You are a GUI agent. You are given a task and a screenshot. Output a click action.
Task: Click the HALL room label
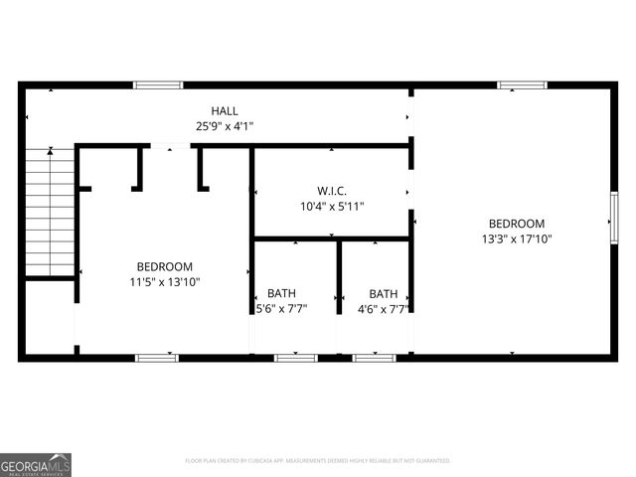[x=225, y=110]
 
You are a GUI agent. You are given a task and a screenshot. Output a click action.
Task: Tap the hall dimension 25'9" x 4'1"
[x=225, y=126]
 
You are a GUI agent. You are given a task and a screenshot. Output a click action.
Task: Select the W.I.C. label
[x=332, y=190]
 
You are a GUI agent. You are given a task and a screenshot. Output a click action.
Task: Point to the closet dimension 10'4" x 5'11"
[x=332, y=207]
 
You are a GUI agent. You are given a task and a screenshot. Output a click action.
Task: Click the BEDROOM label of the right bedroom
[x=516, y=224]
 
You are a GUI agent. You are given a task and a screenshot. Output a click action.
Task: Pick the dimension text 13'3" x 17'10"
[x=516, y=239]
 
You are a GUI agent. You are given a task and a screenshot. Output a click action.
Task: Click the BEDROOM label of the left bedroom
[x=165, y=266]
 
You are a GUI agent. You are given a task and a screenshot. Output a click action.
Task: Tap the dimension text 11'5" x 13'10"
[x=165, y=282]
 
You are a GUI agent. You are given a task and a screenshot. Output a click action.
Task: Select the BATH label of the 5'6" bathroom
[x=281, y=293]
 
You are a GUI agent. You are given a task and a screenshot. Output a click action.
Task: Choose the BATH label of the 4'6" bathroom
[x=384, y=293]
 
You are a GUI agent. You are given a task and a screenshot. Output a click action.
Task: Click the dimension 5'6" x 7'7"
[x=281, y=309]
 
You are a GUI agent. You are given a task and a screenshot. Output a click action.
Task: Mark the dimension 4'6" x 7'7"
[x=384, y=309]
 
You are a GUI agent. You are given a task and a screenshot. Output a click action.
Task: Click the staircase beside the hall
[x=49, y=212]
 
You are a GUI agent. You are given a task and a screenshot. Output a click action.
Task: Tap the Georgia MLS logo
[x=36, y=464]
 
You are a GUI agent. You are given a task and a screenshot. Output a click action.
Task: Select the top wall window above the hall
[x=158, y=85]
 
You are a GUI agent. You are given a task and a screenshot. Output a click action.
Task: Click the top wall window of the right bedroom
[x=522, y=85]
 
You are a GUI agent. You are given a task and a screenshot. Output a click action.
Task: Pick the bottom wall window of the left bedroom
[x=157, y=357]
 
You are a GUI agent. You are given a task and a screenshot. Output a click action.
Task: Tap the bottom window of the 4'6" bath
[x=375, y=357]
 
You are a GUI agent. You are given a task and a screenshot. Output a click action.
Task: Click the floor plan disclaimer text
[x=318, y=461]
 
